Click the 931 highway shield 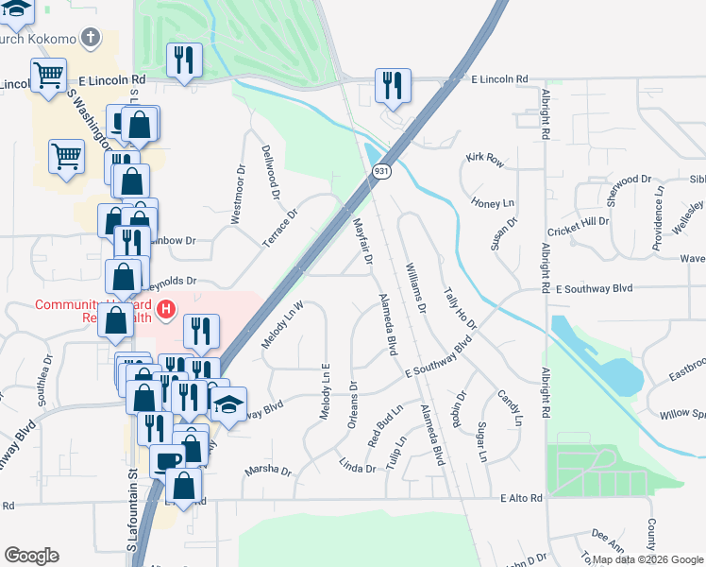pyautogui.click(x=381, y=171)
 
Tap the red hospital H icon pyautogui.click(x=166, y=309)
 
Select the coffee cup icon pyautogui.click(x=167, y=460)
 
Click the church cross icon pyautogui.click(x=91, y=39)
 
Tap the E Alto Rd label pyautogui.click(x=522, y=498)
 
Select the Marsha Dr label pyautogui.click(x=268, y=470)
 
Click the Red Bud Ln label pyautogui.click(x=385, y=427)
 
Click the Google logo pyautogui.click(x=32, y=555)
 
